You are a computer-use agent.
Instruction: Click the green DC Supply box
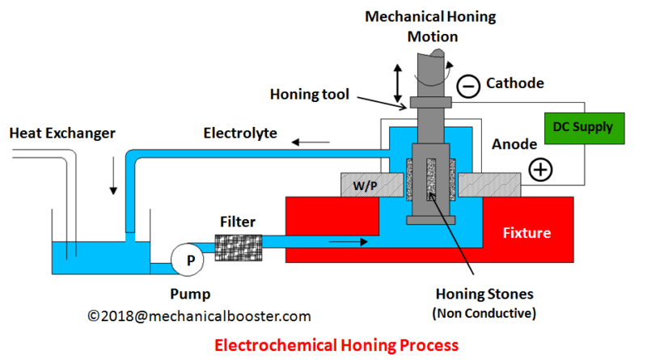point(582,128)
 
